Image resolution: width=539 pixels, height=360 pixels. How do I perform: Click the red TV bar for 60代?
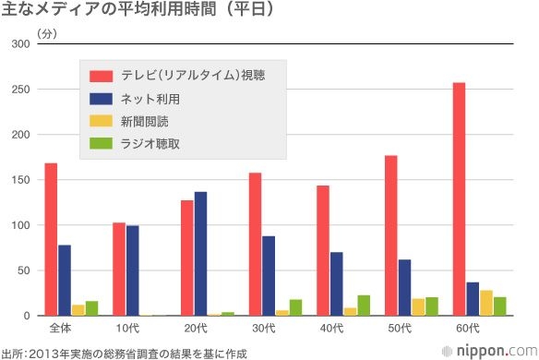pyautogui.click(x=459, y=199)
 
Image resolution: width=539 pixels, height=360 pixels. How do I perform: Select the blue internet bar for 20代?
pyautogui.click(x=200, y=254)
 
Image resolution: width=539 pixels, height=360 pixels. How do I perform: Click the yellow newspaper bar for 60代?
pyautogui.click(x=486, y=303)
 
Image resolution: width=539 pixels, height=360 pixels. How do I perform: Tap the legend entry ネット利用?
pyautogui.click(x=149, y=98)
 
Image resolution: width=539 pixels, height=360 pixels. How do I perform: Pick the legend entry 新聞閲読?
pyautogui.click(x=143, y=120)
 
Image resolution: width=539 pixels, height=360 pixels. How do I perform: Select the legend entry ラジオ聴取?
pyautogui.click(x=149, y=142)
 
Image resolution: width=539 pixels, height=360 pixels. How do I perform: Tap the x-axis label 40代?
pyautogui.click(x=330, y=328)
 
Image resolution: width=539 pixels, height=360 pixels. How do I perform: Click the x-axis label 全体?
pyautogui.click(x=58, y=328)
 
